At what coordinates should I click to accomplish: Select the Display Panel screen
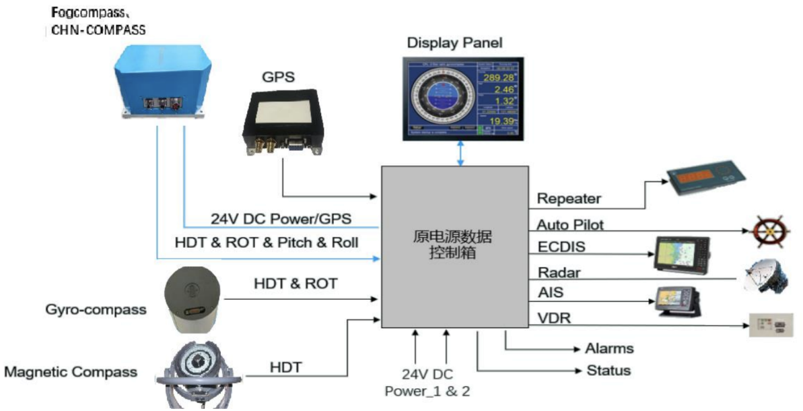pyautogui.click(x=462, y=97)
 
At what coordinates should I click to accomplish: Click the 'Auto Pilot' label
pyautogui.click(x=571, y=224)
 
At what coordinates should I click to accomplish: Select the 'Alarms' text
pyautogui.click(x=609, y=348)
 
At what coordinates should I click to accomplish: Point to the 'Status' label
pyautogui.click(x=608, y=371)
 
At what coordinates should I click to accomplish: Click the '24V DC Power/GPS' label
pyautogui.click(x=281, y=219)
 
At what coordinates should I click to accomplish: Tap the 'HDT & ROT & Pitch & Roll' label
pyautogui.click(x=266, y=242)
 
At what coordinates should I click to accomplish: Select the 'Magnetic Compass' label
pyautogui.click(x=71, y=372)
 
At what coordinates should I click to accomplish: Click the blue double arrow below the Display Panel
pyautogui.click(x=460, y=153)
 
